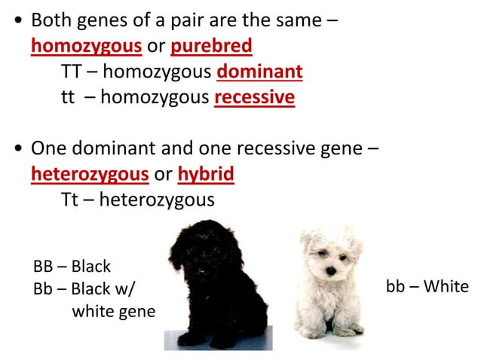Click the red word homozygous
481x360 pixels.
(x=86, y=47)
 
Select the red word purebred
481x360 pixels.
(x=211, y=47)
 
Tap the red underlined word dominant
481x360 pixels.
(x=259, y=72)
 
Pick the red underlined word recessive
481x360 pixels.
(x=254, y=98)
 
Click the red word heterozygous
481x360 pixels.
(x=89, y=174)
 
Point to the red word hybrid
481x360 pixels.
(x=206, y=174)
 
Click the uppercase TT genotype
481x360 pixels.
(x=71, y=72)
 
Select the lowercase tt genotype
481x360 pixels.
(x=68, y=99)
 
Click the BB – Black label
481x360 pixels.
(x=72, y=267)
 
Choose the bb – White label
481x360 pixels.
(x=427, y=286)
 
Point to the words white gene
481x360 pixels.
(x=113, y=310)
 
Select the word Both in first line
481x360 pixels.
(x=54, y=21)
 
